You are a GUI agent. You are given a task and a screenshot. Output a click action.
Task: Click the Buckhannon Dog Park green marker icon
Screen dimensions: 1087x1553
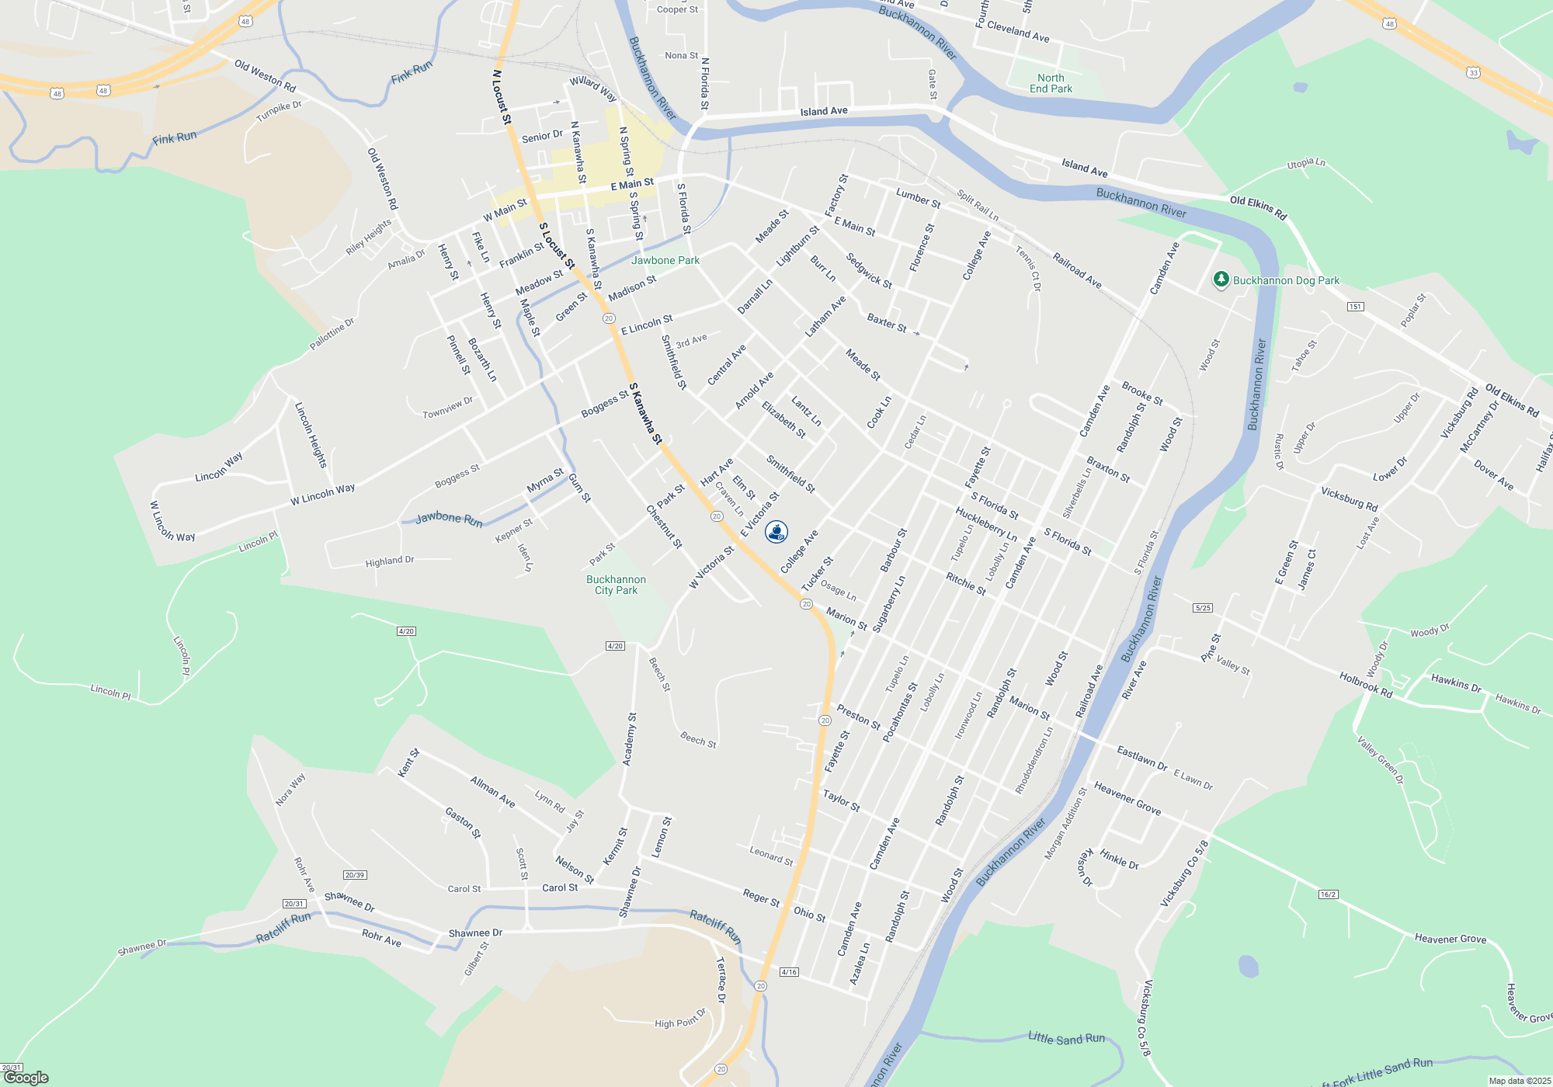click(1221, 280)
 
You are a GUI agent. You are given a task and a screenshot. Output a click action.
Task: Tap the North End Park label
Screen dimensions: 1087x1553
click(1051, 83)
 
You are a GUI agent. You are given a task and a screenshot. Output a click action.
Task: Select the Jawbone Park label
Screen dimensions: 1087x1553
click(665, 260)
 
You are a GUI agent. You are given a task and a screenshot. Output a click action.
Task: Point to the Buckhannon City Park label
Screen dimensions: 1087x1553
click(616, 585)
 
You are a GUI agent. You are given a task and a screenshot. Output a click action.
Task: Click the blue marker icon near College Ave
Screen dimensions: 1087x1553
click(776, 532)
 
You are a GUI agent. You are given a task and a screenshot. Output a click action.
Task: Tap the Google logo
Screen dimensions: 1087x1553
click(26, 1078)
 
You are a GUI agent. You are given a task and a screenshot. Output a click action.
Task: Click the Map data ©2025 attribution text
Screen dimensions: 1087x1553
click(1520, 1081)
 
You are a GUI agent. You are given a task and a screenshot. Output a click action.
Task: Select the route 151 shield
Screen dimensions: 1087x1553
click(1355, 307)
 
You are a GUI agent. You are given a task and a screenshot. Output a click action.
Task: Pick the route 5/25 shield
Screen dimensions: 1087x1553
click(1203, 608)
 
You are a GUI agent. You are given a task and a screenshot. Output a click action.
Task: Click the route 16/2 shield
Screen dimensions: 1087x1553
click(1328, 894)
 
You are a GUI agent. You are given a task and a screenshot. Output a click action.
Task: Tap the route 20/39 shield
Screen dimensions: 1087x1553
click(355, 875)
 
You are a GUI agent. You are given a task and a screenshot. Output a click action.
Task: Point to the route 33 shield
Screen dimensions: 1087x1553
click(1473, 72)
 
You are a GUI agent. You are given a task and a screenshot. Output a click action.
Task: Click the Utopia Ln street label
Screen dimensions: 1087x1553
click(1306, 164)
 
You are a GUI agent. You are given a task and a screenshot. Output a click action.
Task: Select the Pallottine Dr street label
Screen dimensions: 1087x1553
click(332, 334)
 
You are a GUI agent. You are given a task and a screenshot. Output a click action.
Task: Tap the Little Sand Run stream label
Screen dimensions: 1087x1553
click(1066, 1038)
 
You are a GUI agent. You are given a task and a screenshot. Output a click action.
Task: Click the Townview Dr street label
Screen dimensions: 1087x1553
click(447, 408)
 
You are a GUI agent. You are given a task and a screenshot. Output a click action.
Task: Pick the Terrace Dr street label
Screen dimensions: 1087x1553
click(721, 980)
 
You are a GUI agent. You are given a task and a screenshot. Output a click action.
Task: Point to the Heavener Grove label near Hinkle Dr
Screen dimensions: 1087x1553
click(1127, 799)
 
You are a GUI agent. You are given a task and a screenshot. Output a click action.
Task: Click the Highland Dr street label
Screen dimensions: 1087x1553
click(390, 561)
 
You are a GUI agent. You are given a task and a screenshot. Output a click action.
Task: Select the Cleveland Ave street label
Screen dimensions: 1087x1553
click(1018, 32)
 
